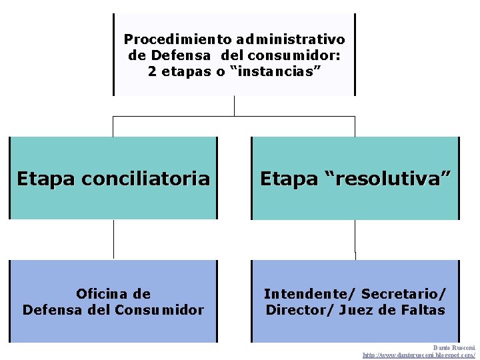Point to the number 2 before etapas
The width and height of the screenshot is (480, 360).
pyautogui.click(x=152, y=71)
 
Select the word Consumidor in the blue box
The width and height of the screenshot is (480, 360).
pyautogui.click(x=159, y=310)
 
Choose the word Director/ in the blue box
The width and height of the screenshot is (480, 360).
pyautogui.click(x=297, y=310)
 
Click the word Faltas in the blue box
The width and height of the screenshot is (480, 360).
pyautogui.click(x=423, y=310)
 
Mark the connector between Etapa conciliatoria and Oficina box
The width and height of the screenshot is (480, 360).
pyautogui.click(x=113, y=239)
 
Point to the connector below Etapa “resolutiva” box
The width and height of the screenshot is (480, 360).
pyautogui.click(x=355, y=239)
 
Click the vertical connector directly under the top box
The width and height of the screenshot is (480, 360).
pyautogui.click(x=234, y=106)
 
